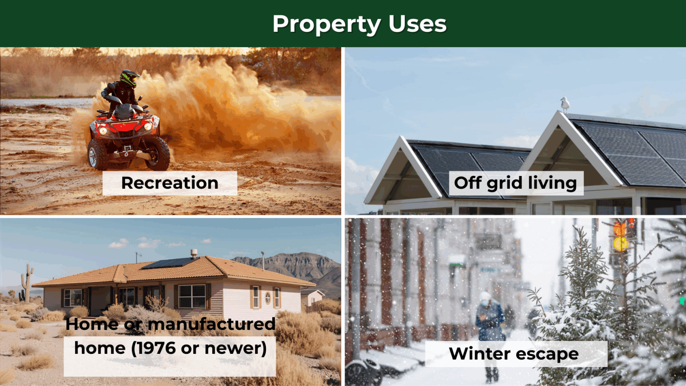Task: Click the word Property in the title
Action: tap(327, 24)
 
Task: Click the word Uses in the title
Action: tap(418, 24)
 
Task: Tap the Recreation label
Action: tap(170, 183)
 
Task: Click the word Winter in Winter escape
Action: tap(480, 353)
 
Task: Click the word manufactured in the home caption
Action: tap(212, 324)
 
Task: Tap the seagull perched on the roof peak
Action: tap(565, 105)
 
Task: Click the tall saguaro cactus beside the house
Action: tap(27, 283)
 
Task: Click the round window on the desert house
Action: tap(268, 297)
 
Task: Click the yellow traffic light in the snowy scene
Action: tap(621, 244)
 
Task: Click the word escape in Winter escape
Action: tap(547, 354)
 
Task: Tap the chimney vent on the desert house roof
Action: tap(194, 253)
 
